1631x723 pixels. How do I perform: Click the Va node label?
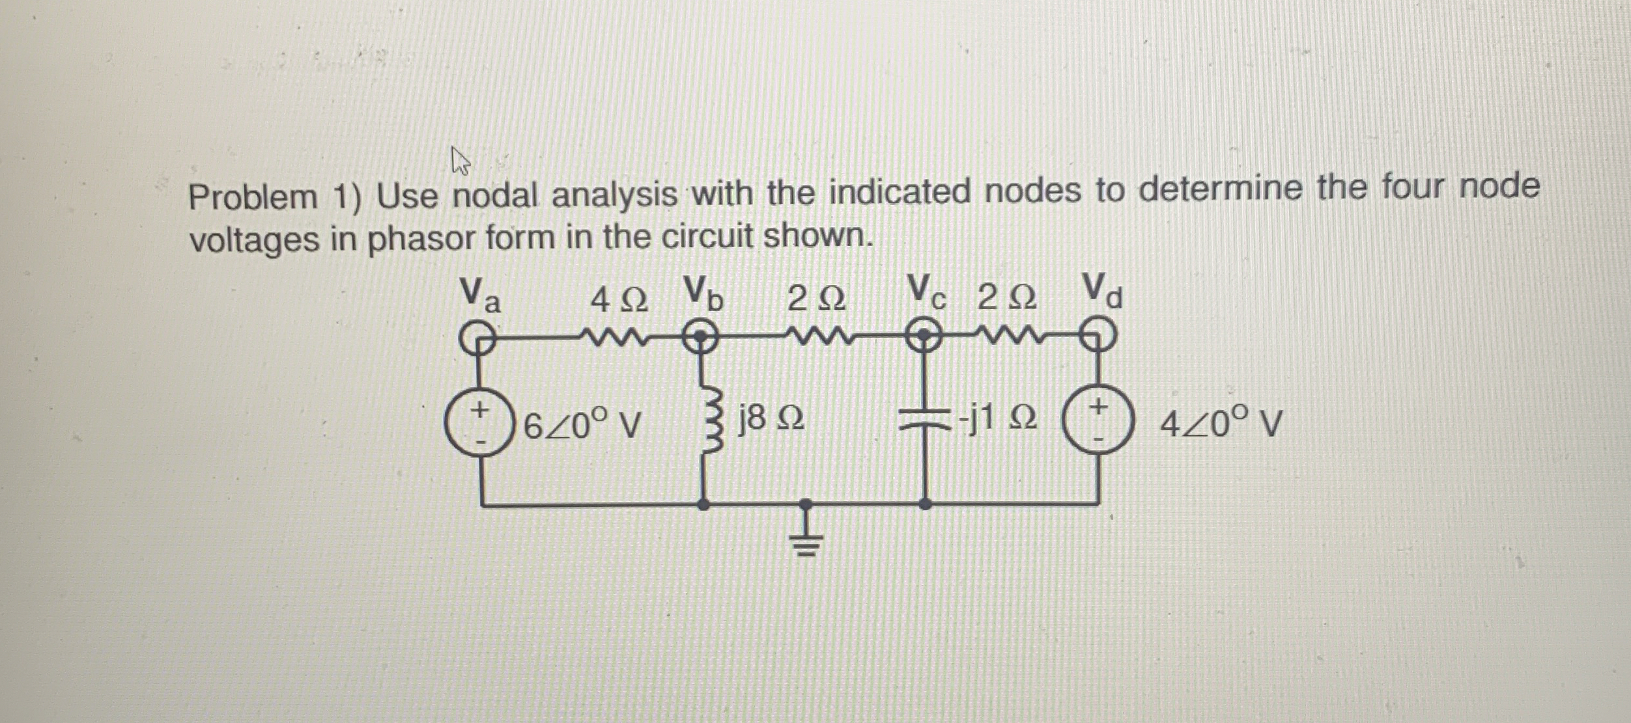(480, 295)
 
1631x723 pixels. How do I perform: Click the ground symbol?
(806, 541)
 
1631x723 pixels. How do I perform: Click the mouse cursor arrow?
(460, 161)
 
